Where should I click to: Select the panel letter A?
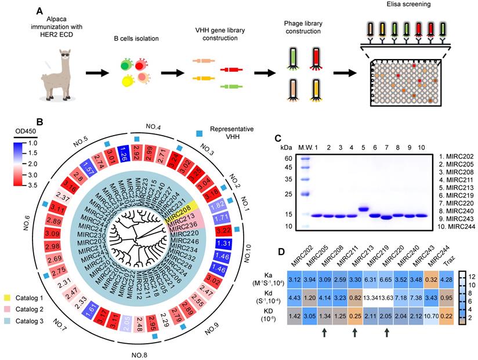[x=39, y=11]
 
